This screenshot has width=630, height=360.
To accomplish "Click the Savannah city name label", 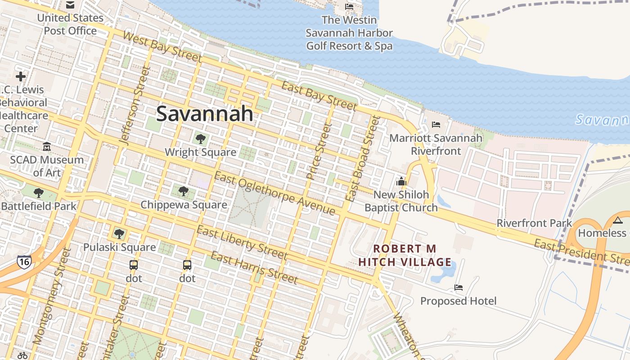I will click(205, 114).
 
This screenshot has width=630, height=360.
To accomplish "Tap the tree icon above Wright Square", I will click(200, 139).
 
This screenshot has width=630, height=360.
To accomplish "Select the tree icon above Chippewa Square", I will click(183, 192).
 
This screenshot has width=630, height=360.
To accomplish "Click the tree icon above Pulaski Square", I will click(119, 234).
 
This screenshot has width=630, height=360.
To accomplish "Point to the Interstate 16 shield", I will click(24, 261).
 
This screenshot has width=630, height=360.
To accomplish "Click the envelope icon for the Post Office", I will click(70, 5).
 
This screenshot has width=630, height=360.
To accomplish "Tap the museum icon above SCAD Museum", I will click(47, 147).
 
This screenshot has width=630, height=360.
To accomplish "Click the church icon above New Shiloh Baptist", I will click(401, 182).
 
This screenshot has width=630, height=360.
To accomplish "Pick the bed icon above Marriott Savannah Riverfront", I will click(436, 125).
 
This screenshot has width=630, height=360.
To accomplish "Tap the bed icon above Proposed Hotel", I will click(458, 288).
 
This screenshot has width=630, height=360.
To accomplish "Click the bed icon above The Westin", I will click(349, 7).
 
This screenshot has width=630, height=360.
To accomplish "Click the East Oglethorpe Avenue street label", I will click(274, 194).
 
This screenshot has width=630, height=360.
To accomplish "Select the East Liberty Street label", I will click(242, 243).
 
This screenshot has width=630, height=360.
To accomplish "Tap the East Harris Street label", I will click(254, 268).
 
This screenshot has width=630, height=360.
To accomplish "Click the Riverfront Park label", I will click(534, 223).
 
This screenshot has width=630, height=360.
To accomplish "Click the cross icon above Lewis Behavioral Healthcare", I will click(21, 76).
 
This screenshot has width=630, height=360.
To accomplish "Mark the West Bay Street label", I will click(162, 47).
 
